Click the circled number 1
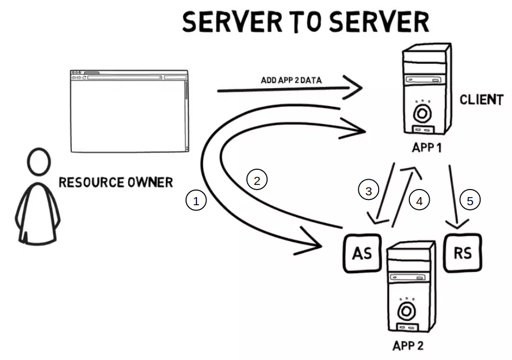196,201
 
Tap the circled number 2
257,180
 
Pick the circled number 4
419,200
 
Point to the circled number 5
470,201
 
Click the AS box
362,253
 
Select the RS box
463,253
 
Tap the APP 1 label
426,147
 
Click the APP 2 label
408,346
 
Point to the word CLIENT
481,100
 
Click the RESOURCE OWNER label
116,183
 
